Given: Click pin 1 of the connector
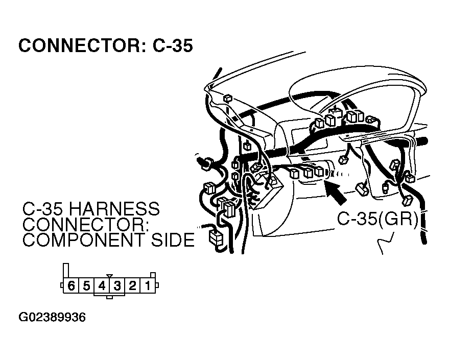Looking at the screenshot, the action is click(x=148, y=286).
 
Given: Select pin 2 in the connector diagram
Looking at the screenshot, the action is click(x=132, y=286).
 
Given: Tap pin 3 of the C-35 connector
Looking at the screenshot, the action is click(x=117, y=286).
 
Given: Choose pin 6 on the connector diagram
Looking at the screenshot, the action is click(x=71, y=286).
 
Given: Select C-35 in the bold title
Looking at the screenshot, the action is click(x=172, y=46).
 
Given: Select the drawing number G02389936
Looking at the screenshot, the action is click(x=52, y=318).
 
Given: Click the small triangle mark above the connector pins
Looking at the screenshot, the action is click(x=109, y=276).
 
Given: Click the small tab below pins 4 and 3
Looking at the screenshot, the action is click(x=109, y=296).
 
